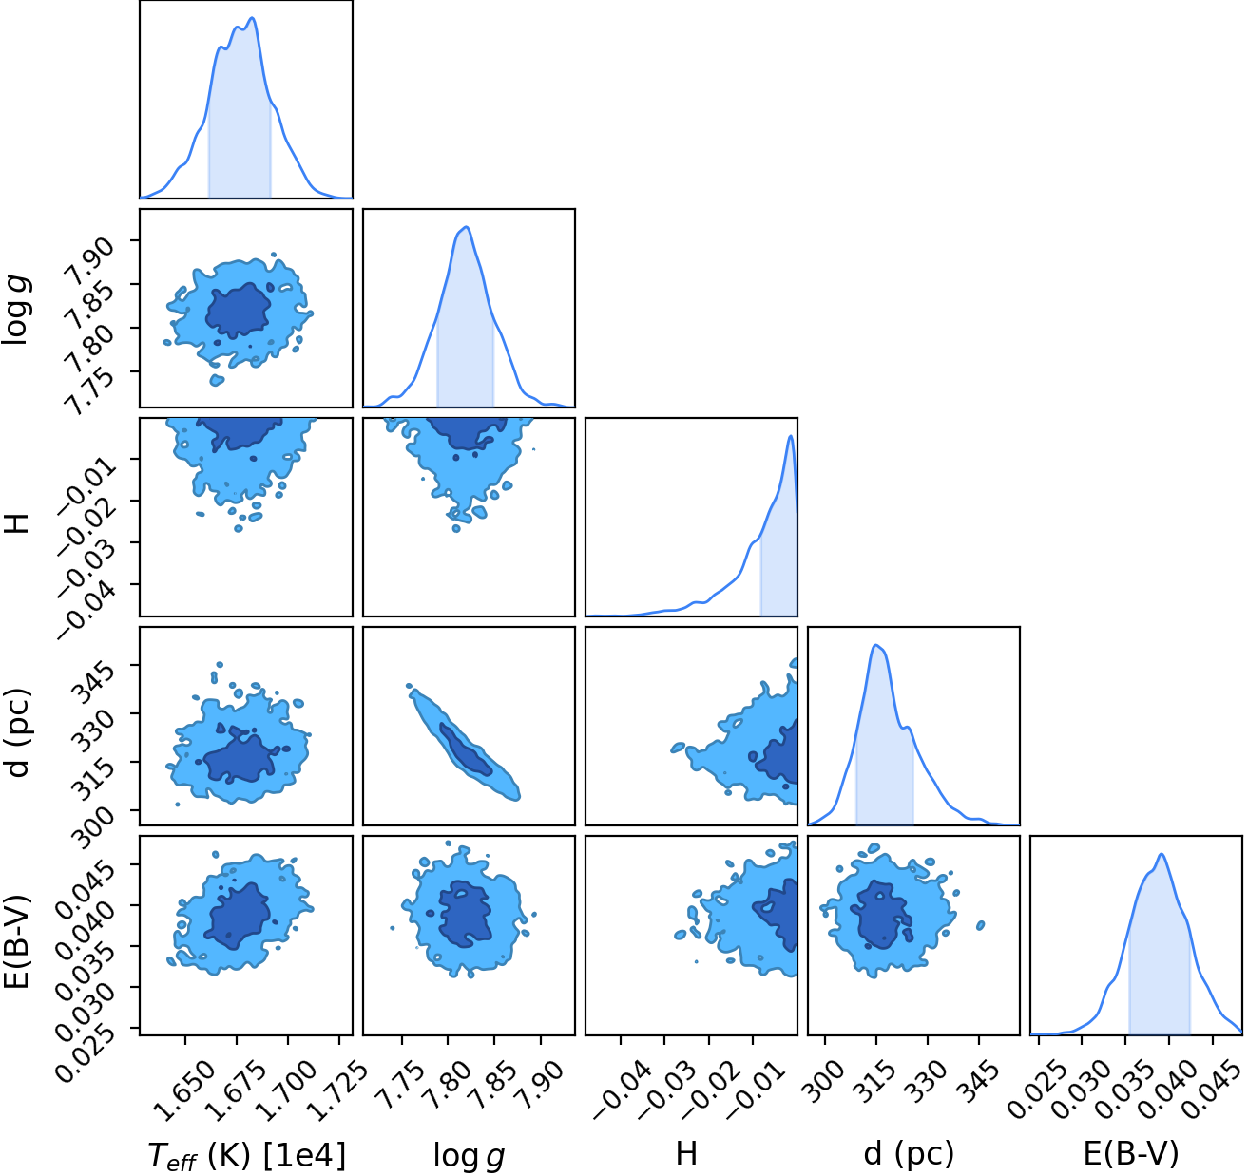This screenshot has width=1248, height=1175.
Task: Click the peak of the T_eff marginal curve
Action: point(253,18)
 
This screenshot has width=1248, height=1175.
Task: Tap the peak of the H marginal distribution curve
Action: point(791,436)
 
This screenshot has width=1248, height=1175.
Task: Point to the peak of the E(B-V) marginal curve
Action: point(1162,854)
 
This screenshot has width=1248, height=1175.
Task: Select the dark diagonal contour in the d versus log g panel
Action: point(465,748)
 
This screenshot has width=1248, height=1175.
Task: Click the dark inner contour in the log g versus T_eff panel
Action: point(239,311)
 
